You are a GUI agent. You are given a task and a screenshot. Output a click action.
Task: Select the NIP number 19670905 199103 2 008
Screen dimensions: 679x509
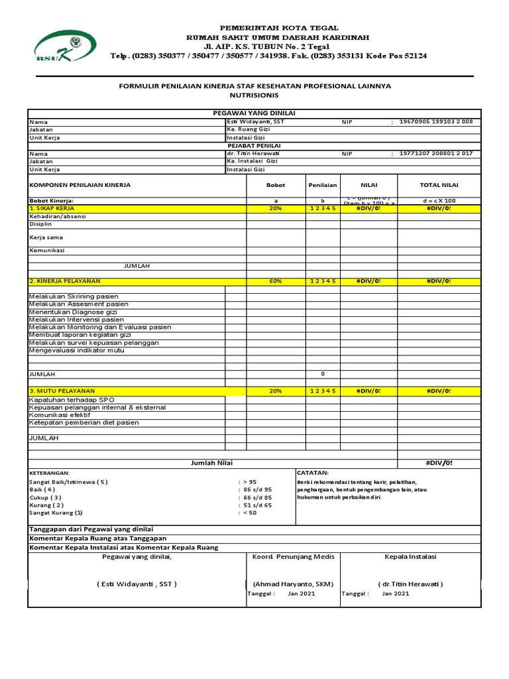pos(435,122)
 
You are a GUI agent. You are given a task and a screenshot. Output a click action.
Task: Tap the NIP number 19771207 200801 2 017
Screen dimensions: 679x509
pos(435,153)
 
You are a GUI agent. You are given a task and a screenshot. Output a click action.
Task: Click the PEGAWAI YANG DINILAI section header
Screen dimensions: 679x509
pos(254,114)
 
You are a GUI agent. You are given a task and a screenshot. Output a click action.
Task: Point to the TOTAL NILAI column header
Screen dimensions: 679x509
pos(439,186)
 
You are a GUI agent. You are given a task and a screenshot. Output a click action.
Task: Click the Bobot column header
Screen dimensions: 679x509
pos(276,186)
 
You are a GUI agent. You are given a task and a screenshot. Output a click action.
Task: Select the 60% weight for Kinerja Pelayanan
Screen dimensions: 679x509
pos(276,281)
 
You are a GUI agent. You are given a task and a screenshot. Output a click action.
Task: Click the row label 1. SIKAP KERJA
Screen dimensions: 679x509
pos(52,208)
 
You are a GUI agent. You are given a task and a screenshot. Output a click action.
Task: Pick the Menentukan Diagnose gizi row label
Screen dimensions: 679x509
pos(73,312)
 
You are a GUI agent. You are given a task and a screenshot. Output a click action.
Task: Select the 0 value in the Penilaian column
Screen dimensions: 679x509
pos(323,374)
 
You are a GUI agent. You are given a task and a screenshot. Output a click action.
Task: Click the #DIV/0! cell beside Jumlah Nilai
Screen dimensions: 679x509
pos(439,463)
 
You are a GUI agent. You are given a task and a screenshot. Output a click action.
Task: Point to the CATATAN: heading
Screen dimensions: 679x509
pos(313,473)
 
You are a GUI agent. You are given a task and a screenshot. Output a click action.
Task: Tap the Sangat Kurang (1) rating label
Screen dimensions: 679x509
pos(56,513)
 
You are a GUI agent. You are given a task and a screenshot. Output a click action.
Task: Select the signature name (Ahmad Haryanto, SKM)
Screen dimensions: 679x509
pos(292,584)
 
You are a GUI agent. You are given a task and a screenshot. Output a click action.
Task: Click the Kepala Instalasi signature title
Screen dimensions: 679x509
pos(410,557)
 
